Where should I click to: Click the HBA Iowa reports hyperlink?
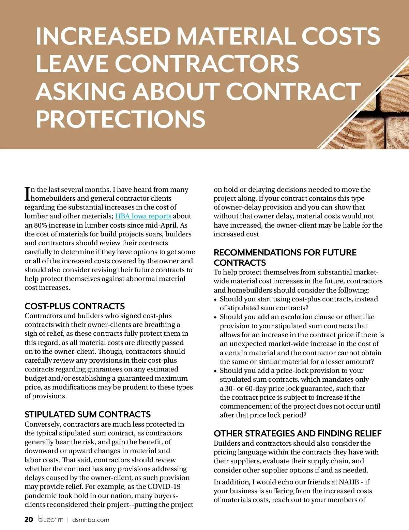143,216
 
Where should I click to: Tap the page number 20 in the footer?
29,519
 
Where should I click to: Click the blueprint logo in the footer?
50,519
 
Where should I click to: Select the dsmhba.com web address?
91,520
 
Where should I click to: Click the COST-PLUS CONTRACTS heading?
75,306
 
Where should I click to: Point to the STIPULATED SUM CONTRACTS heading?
88,414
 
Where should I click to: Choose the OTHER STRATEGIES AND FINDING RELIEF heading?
298,433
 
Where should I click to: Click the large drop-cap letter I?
27,194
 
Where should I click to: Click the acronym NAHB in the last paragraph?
350,482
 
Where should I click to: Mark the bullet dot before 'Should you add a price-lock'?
215,371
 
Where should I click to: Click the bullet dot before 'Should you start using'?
215,300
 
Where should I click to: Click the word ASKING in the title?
81,92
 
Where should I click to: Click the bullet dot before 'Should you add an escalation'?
215,317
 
